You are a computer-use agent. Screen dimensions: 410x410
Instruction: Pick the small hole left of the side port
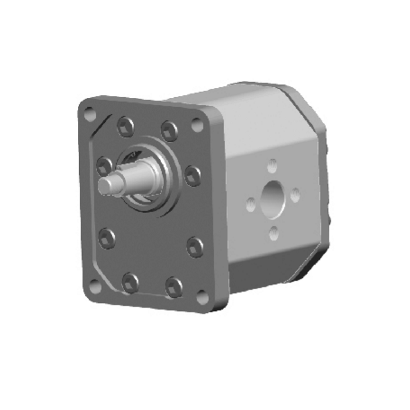(251, 205)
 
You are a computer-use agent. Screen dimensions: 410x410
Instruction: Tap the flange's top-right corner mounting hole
(197, 126)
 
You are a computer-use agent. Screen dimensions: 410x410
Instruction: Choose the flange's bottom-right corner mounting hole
(203, 298)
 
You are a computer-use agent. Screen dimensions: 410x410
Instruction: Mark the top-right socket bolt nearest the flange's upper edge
(170, 128)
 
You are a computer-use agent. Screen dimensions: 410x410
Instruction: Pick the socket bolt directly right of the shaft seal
(192, 175)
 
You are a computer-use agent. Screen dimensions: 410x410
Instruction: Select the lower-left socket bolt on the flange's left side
(107, 237)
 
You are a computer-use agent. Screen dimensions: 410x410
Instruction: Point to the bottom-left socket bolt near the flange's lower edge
(129, 282)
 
